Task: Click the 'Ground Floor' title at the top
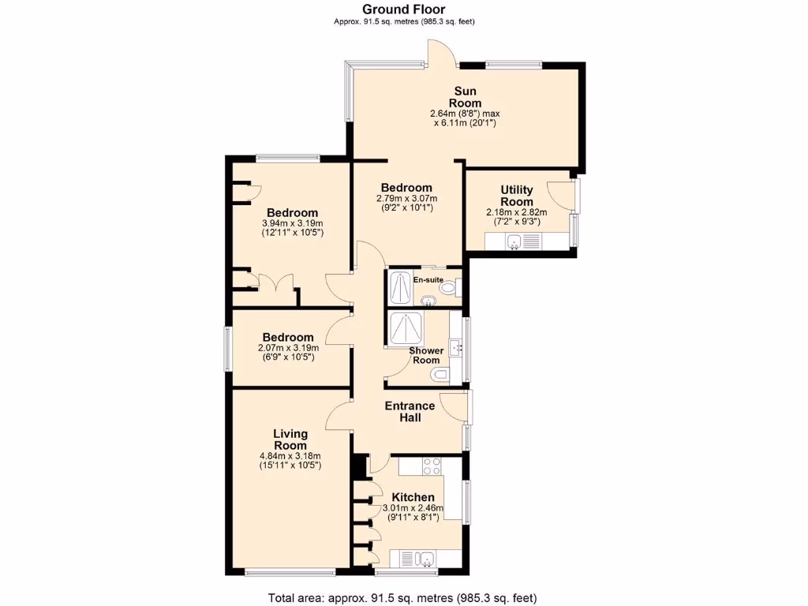pyautogui.click(x=403, y=9)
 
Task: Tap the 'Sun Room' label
pyautogui.click(x=465, y=97)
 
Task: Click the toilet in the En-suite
pyautogui.click(x=448, y=290)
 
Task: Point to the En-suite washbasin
pyautogui.click(x=427, y=300)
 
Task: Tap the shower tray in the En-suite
pyautogui.click(x=400, y=288)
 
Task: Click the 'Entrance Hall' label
pyautogui.click(x=410, y=411)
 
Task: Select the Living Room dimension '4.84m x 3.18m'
pyautogui.click(x=290, y=455)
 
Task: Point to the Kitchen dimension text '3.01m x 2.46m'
pyautogui.click(x=413, y=508)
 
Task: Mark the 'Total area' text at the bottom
pyautogui.click(x=403, y=597)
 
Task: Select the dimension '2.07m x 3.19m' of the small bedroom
pyautogui.click(x=288, y=347)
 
